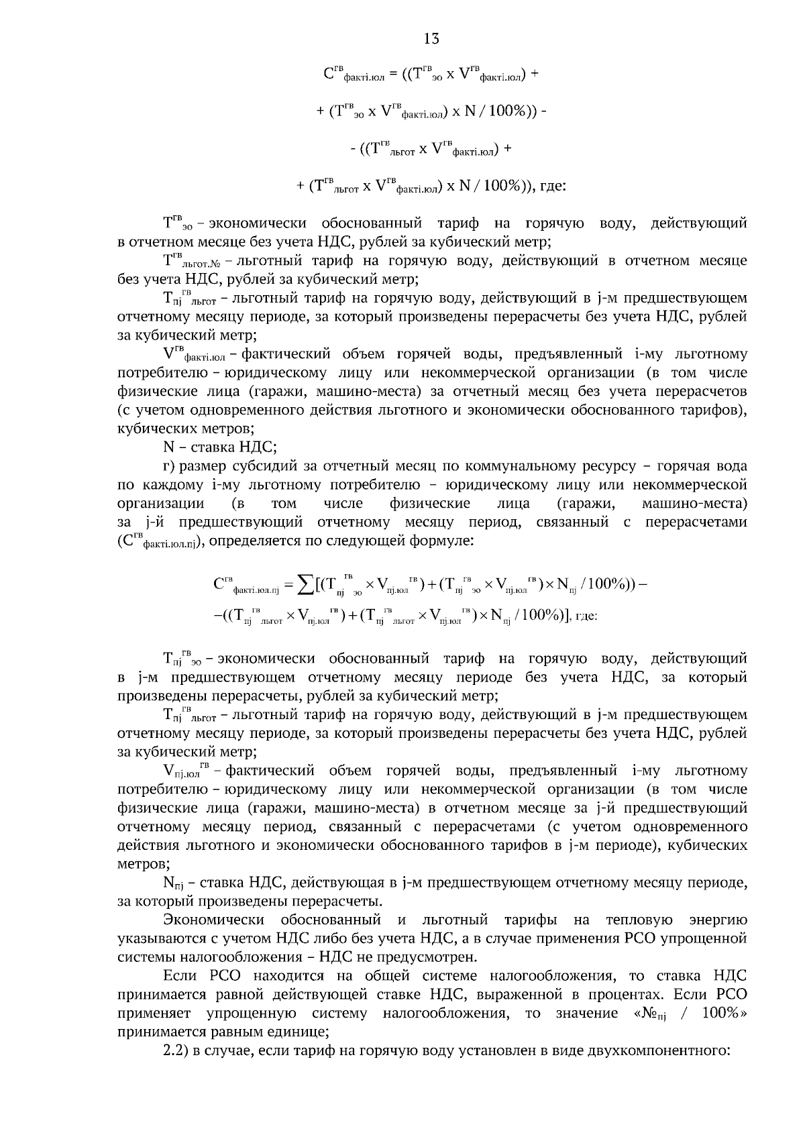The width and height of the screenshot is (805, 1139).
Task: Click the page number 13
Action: [x=431, y=39]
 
